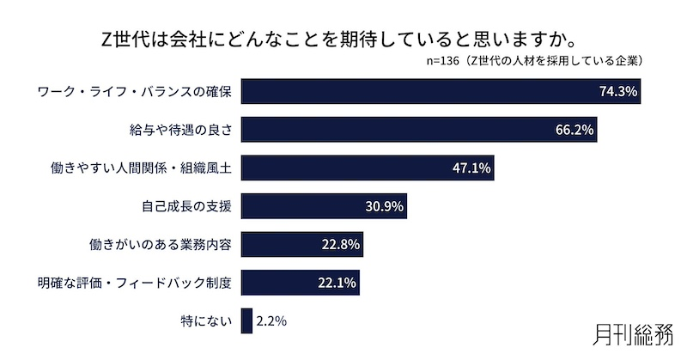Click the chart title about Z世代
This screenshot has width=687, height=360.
pyautogui.click(x=343, y=40)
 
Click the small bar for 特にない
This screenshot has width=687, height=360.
pyautogui.click(x=246, y=320)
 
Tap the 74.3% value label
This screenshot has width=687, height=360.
pyautogui.click(x=617, y=91)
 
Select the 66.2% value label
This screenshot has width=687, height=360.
pyautogui.click(x=575, y=130)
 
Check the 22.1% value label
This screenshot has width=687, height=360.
pyautogui.click(x=338, y=283)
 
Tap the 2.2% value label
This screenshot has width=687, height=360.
pyautogui.click(x=271, y=320)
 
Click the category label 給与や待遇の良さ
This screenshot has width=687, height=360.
pyautogui.click(x=182, y=130)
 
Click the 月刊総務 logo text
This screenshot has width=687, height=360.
pyautogui.click(x=634, y=334)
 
